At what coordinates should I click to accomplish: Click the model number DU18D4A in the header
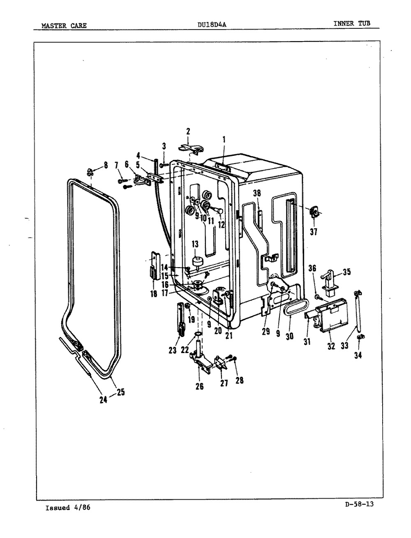[x=212, y=25]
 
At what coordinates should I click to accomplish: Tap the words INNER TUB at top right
[x=352, y=23]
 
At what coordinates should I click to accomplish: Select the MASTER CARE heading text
[x=64, y=25]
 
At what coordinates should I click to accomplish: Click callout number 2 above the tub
[x=188, y=132]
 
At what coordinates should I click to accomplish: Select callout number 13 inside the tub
[x=195, y=245]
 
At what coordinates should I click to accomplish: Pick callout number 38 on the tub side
[x=257, y=193]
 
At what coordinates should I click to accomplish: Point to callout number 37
[x=314, y=231]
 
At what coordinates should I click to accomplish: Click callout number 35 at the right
[x=347, y=272]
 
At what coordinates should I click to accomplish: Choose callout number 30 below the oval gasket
[x=290, y=336]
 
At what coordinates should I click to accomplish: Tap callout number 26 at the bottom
[x=200, y=386]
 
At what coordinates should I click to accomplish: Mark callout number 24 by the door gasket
[x=104, y=400]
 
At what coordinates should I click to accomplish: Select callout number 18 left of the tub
[x=154, y=294]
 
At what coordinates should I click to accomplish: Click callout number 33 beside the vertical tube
[x=344, y=346]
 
